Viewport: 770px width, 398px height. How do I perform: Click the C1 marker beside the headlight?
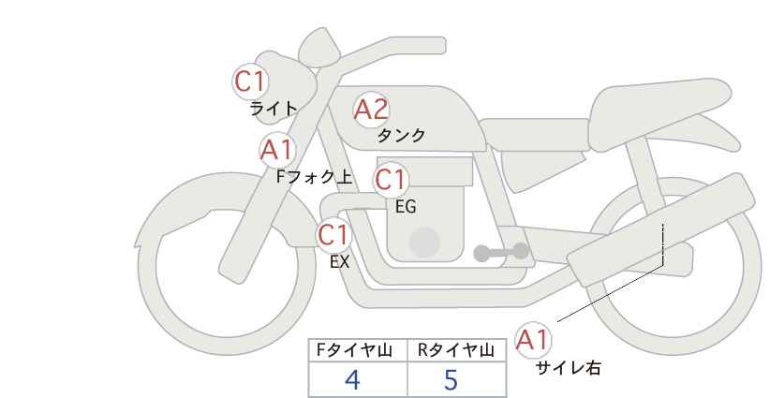click(x=250, y=81)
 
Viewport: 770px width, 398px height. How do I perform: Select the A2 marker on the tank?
click(x=371, y=110)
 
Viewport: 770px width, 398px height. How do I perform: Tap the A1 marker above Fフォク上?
click(x=277, y=150)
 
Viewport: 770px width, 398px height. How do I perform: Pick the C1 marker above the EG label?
click(x=391, y=180)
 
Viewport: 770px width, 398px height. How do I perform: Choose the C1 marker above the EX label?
click(x=333, y=235)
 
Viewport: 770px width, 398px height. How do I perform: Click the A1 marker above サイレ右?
click(x=533, y=339)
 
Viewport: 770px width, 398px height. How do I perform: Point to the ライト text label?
click(x=274, y=109)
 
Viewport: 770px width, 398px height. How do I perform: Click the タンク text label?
click(x=401, y=135)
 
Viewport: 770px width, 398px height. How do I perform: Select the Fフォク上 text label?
click(x=315, y=177)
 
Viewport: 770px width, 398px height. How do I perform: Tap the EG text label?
click(x=406, y=207)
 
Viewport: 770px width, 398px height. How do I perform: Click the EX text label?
click(x=339, y=262)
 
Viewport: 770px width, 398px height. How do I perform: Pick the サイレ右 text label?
click(x=569, y=368)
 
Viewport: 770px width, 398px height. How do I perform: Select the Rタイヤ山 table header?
click(x=456, y=350)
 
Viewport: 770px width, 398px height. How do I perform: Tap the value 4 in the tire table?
click(x=352, y=379)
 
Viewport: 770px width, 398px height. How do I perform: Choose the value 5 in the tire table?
click(x=451, y=379)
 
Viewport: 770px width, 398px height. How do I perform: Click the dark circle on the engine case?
click(x=424, y=243)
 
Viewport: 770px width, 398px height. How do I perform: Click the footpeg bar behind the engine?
click(x=501, y=252)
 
